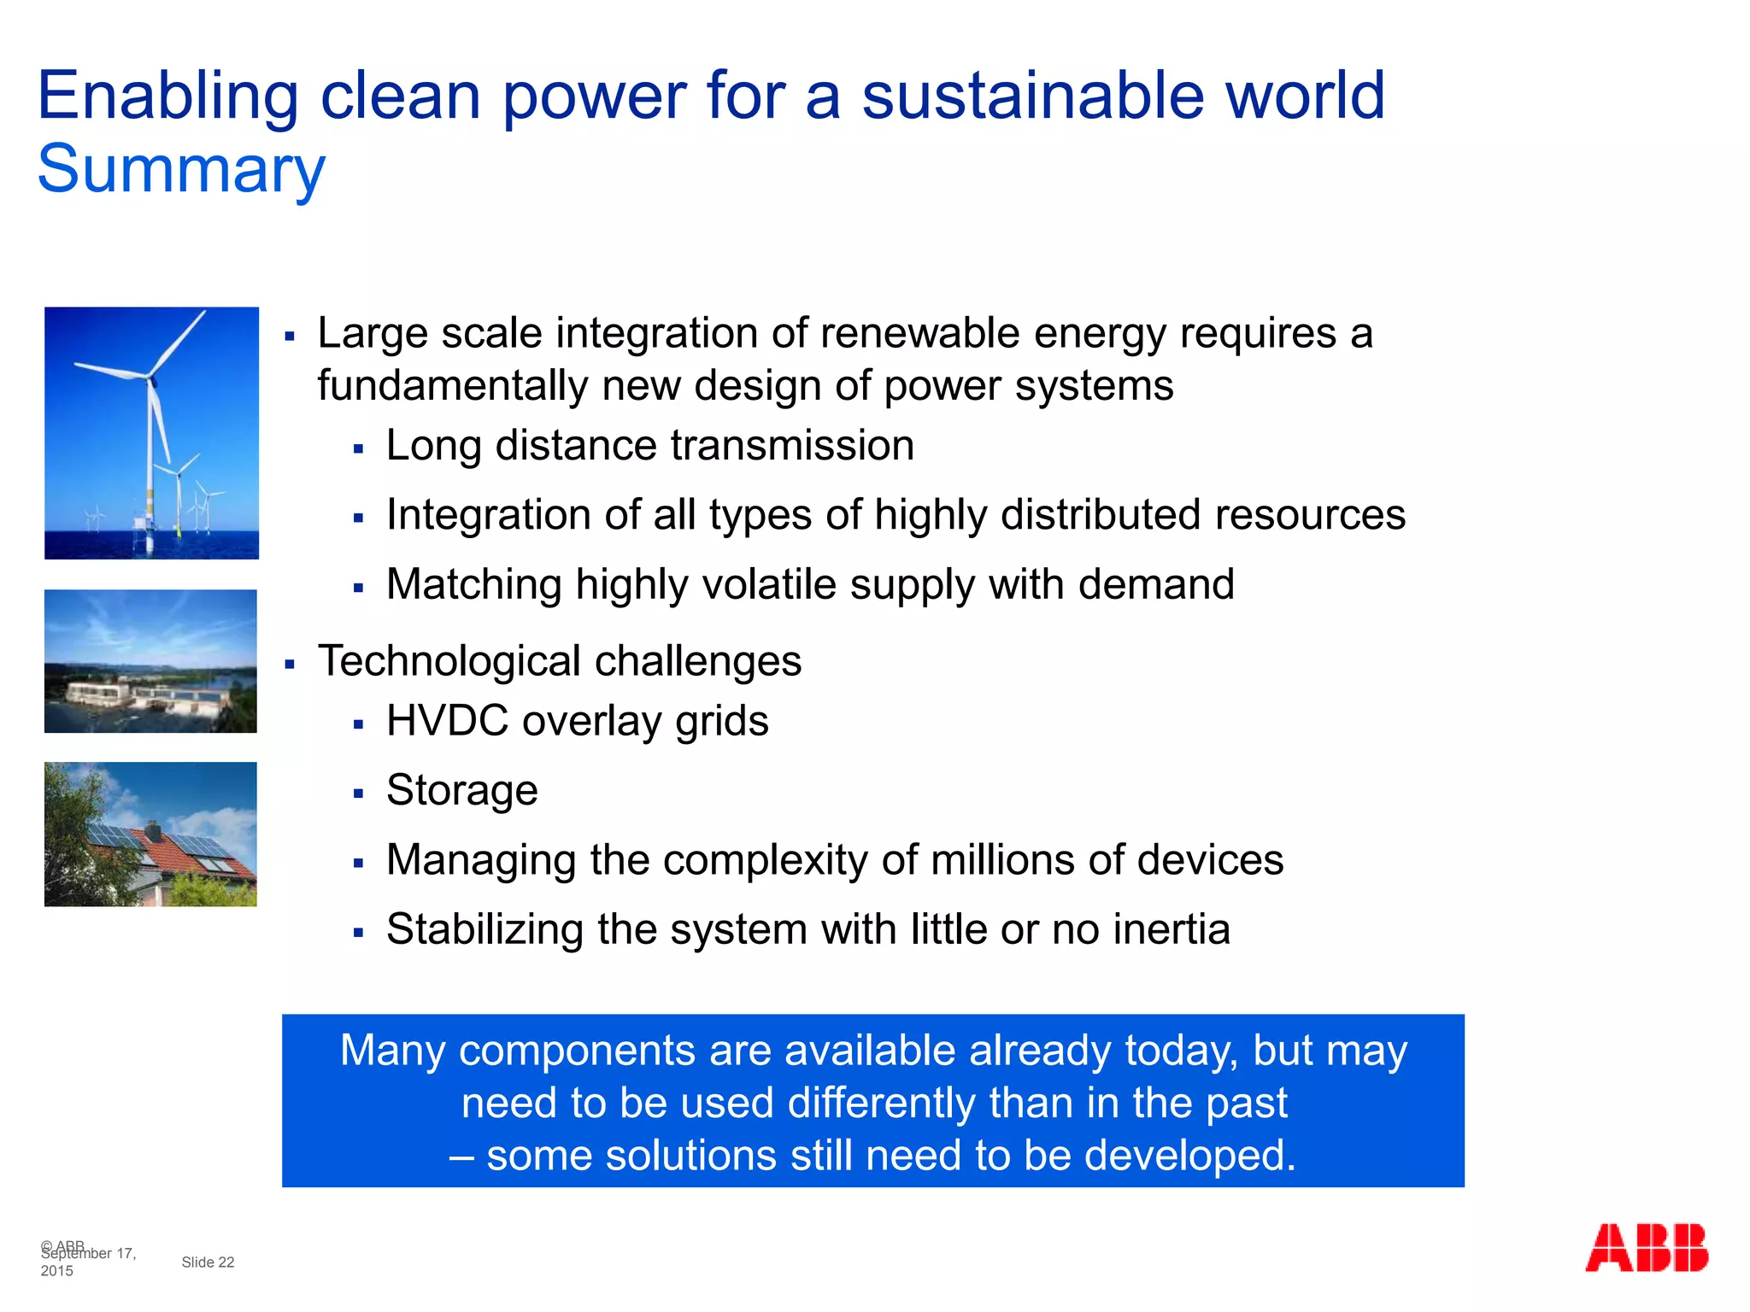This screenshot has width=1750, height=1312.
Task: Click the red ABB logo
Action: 1646,1248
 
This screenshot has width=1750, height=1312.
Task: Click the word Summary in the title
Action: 181,170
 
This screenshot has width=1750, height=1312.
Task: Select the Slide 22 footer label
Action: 208,1262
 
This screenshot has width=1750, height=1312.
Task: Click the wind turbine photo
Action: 151,433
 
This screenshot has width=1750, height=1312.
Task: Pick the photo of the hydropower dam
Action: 150,661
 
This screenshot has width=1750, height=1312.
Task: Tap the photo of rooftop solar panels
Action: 150,834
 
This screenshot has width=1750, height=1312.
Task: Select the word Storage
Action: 461,791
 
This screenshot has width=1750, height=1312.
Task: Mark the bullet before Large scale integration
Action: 290,337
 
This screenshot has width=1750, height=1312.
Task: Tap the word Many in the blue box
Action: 391,1051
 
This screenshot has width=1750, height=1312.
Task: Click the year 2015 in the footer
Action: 56,1271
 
